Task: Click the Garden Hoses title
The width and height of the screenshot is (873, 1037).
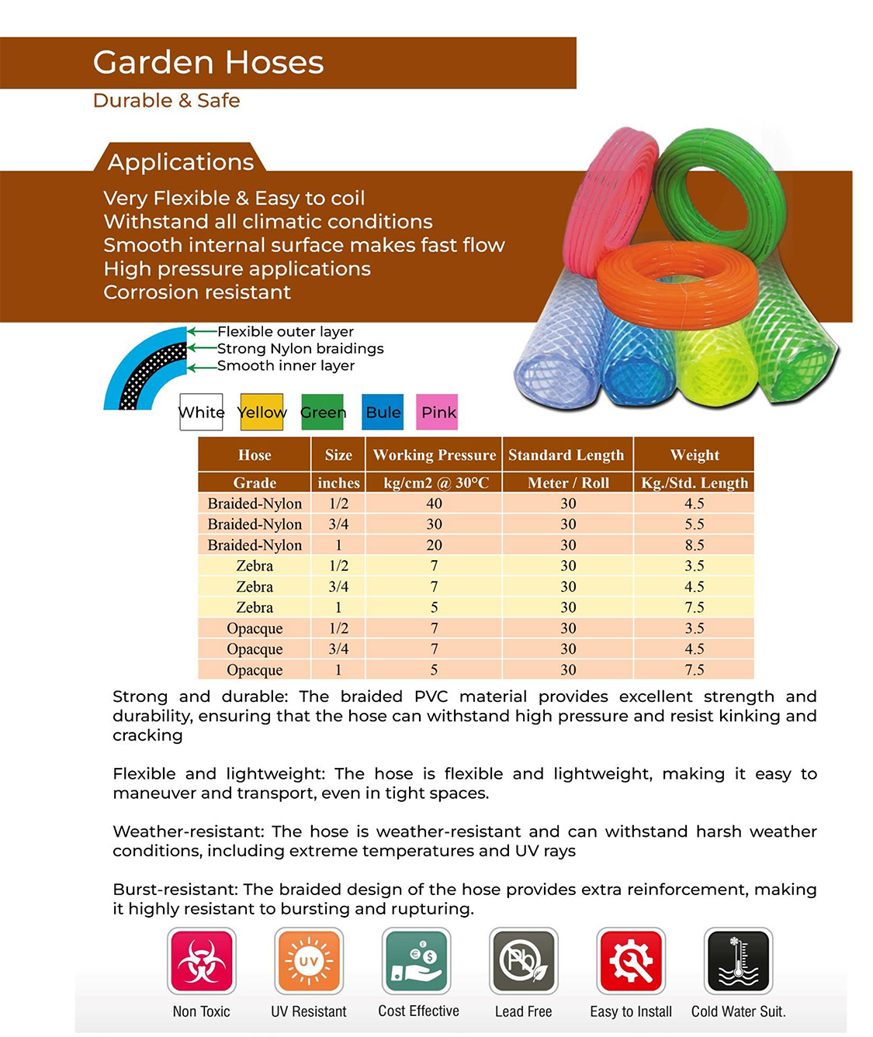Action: (208, 63)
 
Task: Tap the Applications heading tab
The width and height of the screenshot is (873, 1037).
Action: (181, 161)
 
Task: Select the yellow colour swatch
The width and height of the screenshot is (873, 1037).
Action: (262, 412)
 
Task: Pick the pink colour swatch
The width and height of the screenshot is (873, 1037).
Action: (438, 412)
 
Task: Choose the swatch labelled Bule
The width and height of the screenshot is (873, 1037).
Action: (383, 412)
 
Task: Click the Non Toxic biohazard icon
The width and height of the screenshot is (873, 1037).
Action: (202, 961)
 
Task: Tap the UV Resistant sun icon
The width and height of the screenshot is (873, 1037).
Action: (309, 961)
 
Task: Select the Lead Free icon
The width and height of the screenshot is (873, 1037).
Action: (524, 961)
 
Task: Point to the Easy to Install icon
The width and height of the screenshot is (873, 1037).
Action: (631, 961)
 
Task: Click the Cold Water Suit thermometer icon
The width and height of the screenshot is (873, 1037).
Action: (738, 961)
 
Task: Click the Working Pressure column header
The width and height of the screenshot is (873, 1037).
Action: (434, 455)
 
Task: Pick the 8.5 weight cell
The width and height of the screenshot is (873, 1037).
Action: (694, 545)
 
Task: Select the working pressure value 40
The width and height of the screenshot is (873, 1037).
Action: (434, 503)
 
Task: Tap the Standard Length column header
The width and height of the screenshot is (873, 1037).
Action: (566, 455)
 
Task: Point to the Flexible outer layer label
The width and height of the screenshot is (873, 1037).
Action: (285, 332)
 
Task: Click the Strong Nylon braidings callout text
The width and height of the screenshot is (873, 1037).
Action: (300, 349)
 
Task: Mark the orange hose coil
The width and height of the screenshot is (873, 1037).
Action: (677, 287)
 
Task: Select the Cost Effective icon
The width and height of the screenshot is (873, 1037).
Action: (417, 961)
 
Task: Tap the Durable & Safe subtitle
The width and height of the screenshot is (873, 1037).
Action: (166, 101)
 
